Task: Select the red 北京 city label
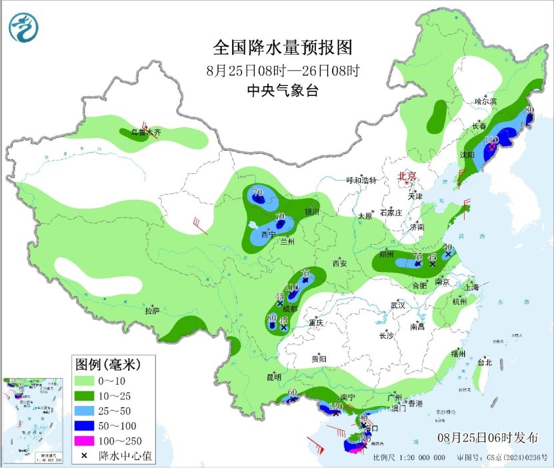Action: pyautogui.click(x=407, y=176)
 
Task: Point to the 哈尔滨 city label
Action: pyautogui.click(x=486, y=101)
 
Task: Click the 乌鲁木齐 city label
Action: pyautogui.click(x=146, y=133)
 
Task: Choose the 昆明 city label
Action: pyautogui.click(x=274, y=377)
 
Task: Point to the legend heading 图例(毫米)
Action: pyautogui.click(x=106, y=364)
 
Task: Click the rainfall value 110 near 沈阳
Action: pyautogui.click(x=492, y=140)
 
